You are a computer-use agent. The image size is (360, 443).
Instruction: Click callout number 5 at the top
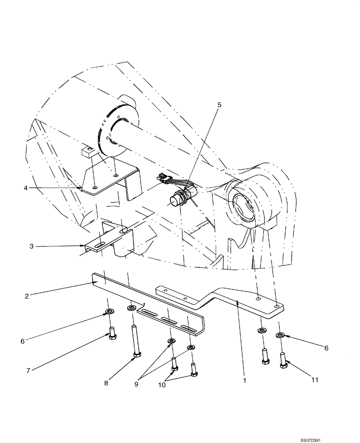[x=219, y=105]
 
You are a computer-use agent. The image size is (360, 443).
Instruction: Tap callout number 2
[x=27, y=296]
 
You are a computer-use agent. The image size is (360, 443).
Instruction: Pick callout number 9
[x=137, y=384]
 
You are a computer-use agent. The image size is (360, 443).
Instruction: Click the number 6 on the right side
[x=326, y=348]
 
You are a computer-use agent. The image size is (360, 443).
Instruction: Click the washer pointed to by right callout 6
[x=280, y=335]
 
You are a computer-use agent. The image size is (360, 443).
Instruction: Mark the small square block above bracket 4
[x=88, y=153]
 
